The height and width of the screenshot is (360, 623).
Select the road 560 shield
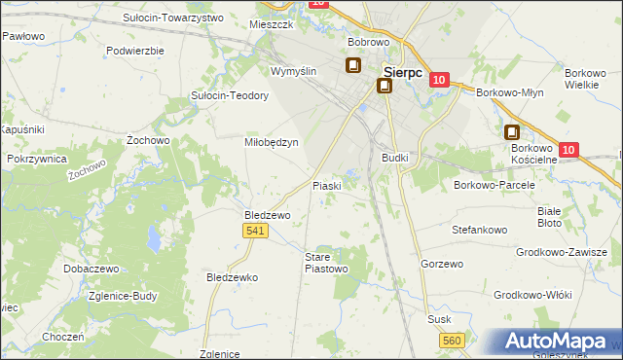(x=451, y=340)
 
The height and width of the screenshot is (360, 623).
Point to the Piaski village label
(x=325, y=185)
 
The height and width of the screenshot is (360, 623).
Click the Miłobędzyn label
(x=270, y=141)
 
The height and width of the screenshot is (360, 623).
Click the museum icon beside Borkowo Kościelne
(x=512, y=133)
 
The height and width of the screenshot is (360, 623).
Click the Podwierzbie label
(x=135, y=50)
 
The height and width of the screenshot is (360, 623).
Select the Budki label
(x=395, y=157)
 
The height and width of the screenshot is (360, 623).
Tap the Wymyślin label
(x=294, y=72)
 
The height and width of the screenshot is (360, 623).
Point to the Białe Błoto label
(x=550, y=216)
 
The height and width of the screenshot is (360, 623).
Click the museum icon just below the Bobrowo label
(x=352, y=66)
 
